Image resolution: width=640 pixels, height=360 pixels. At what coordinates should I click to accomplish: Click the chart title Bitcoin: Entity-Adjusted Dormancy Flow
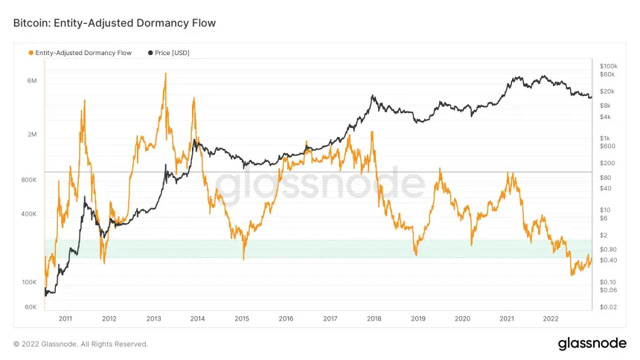(115, 23)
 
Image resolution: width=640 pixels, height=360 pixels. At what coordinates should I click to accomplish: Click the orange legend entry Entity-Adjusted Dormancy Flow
(83, 53)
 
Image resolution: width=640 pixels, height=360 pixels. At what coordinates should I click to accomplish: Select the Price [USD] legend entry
(170, 53)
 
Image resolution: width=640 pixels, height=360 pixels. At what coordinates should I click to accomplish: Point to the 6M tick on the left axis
(32, 80)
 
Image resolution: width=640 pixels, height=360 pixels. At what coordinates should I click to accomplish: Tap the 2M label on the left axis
(32, 135)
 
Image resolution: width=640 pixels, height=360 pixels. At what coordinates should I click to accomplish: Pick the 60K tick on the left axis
(31, 306)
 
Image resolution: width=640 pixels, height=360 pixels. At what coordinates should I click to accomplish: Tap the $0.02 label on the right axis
(608, 306)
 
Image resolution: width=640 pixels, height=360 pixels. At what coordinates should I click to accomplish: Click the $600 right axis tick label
(607, 146)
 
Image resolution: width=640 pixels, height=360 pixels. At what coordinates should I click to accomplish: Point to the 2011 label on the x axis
(65, 318)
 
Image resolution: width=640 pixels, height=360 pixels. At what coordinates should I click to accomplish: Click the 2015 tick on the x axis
(242, 318)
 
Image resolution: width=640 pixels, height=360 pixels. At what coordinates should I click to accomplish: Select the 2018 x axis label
(374, 318)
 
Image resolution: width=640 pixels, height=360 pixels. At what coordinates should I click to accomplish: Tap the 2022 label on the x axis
(551, 318)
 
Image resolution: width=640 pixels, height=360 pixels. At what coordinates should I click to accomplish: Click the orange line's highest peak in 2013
(164, 74)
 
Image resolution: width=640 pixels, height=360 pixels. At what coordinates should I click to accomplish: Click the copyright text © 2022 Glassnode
(81, 344)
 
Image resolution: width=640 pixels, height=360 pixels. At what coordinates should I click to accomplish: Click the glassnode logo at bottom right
(592, 344)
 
